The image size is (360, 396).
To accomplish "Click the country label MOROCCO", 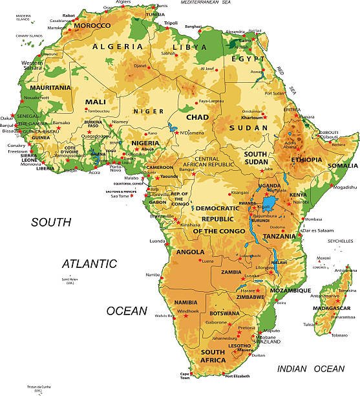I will [x=92, y=27].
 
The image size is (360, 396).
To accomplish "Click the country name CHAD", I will [x=198, y=117].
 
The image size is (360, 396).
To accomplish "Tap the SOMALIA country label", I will [x=342, y=166].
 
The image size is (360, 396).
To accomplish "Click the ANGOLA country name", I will [x=190, y=252].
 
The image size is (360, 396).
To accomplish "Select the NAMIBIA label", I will [x=186, y=302].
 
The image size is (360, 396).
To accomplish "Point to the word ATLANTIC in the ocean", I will [x=89, y=264].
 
